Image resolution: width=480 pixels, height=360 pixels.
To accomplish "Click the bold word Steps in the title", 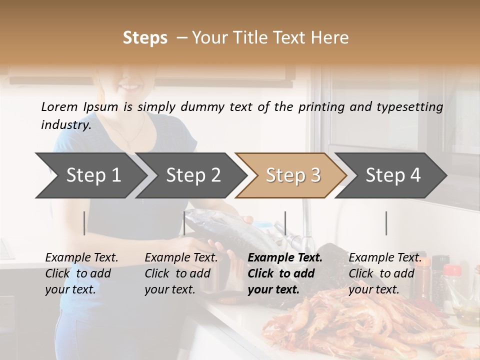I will (145, 37).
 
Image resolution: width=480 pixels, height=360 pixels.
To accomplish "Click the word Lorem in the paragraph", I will (59, 107).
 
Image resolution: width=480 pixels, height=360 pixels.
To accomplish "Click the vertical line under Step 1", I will (84, 223).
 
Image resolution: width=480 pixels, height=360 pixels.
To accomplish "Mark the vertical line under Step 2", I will (184, 223).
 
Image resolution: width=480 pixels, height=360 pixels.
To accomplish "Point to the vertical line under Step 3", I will (285, 223).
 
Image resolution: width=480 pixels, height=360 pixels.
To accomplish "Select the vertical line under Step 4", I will (386, 223).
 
